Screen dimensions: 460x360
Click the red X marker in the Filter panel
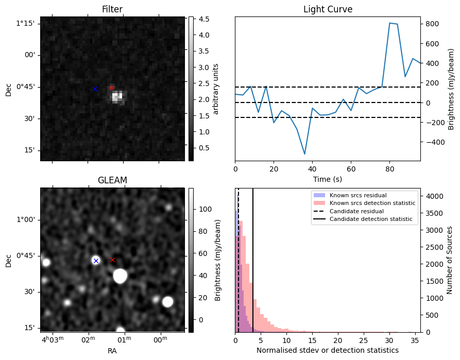click(111, 88)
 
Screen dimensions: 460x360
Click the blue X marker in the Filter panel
click(95, 89)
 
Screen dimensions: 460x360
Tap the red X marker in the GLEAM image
click(112, 260)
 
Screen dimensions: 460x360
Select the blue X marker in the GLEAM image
click(96, 261)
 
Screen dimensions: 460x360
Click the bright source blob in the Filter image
click(118, 97)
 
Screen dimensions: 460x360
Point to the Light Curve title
click(328, 9)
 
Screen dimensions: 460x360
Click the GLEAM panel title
click(112, 180)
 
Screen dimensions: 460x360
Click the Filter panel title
click(112, 9)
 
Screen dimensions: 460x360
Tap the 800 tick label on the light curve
click(432, 24)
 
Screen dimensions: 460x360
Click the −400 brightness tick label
click(434, 142)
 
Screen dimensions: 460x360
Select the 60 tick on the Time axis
click(351, 169)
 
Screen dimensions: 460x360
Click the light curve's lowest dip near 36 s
click(304, 154)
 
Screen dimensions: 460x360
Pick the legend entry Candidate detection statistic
click(371, 219)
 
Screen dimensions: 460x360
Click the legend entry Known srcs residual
click(358, 195)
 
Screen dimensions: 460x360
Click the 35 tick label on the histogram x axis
click(415, 340)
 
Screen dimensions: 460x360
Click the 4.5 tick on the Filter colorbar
click(204, 19)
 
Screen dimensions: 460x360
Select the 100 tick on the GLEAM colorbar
click(206, 209)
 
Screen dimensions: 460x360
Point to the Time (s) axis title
click(328, 179)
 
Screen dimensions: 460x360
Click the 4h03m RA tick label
click(53, 340)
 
